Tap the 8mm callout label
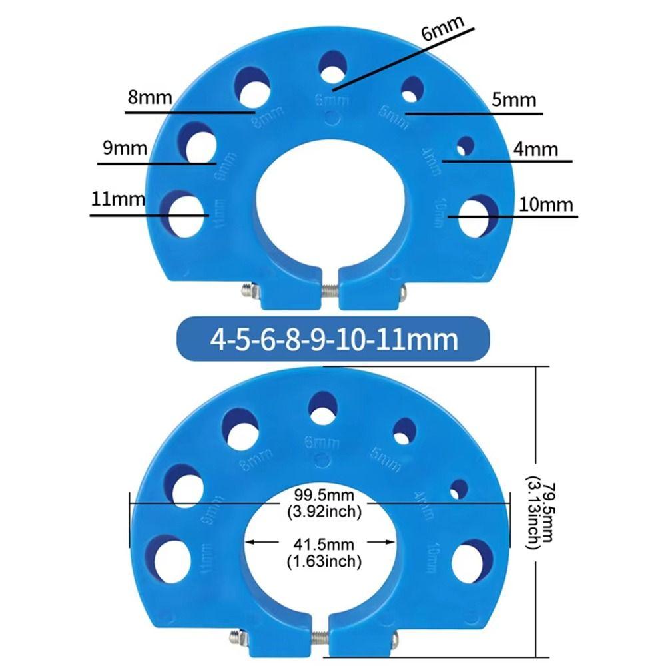click(x=149, y=98)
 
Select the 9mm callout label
click(x=125, y=147)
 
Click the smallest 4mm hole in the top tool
click(x=464, y=145)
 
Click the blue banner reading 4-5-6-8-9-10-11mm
click(x=333, y=340)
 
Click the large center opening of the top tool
click(x=331, y=200)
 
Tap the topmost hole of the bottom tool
click(x=323, y=406)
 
